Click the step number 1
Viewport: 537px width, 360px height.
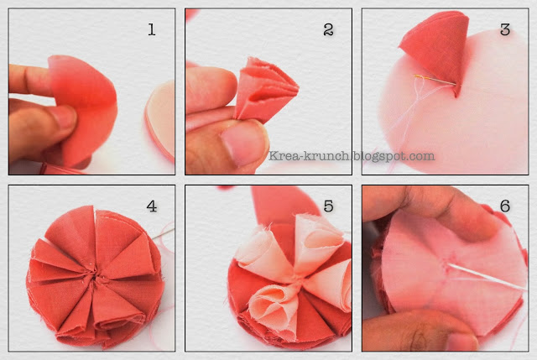click(x=152, y=30)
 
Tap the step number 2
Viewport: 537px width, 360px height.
click(x=328, y=30)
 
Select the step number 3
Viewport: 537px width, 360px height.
click(x=505, y=30)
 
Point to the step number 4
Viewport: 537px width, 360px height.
click(x=152, y=206)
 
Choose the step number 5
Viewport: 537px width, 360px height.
click(x=328, y=206)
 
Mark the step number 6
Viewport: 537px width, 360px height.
click(x=505, y=206)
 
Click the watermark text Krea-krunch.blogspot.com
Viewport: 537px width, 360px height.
click(x=352, y=156)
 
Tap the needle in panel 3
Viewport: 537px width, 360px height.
click(x=435, y=80)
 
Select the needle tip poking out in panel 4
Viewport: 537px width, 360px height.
click(x=163, y=234)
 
